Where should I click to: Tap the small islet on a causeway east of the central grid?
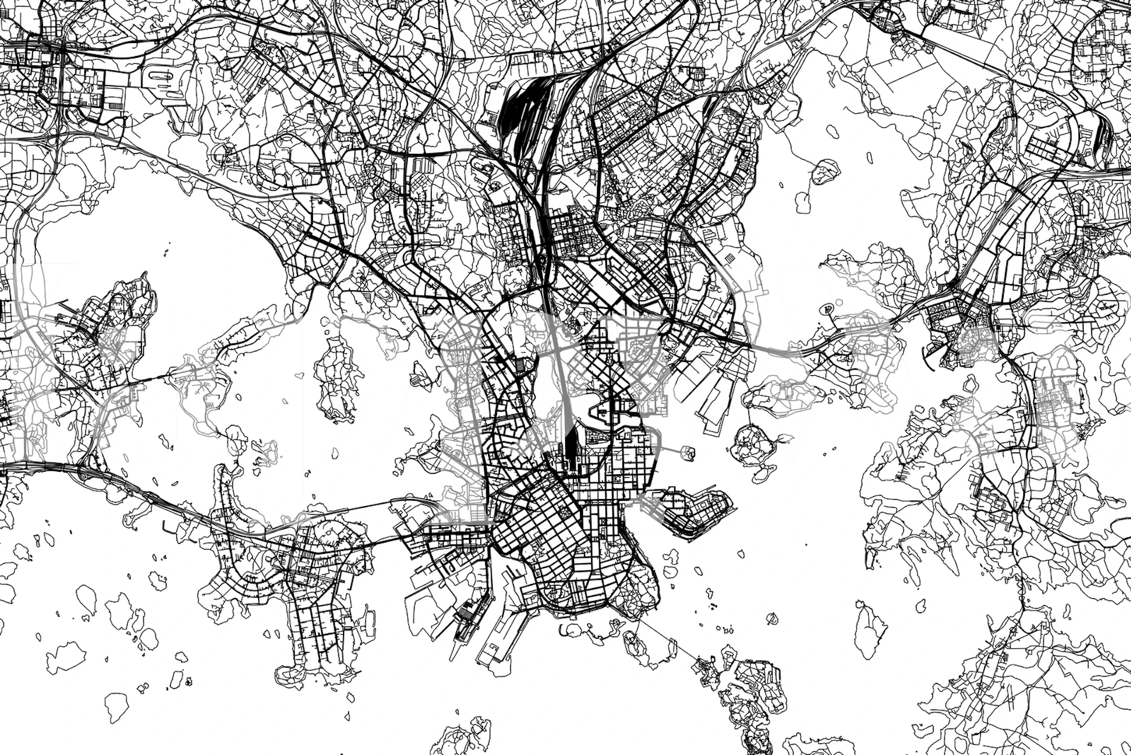688,453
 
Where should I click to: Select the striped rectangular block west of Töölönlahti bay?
521,366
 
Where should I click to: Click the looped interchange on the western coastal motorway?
85,469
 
